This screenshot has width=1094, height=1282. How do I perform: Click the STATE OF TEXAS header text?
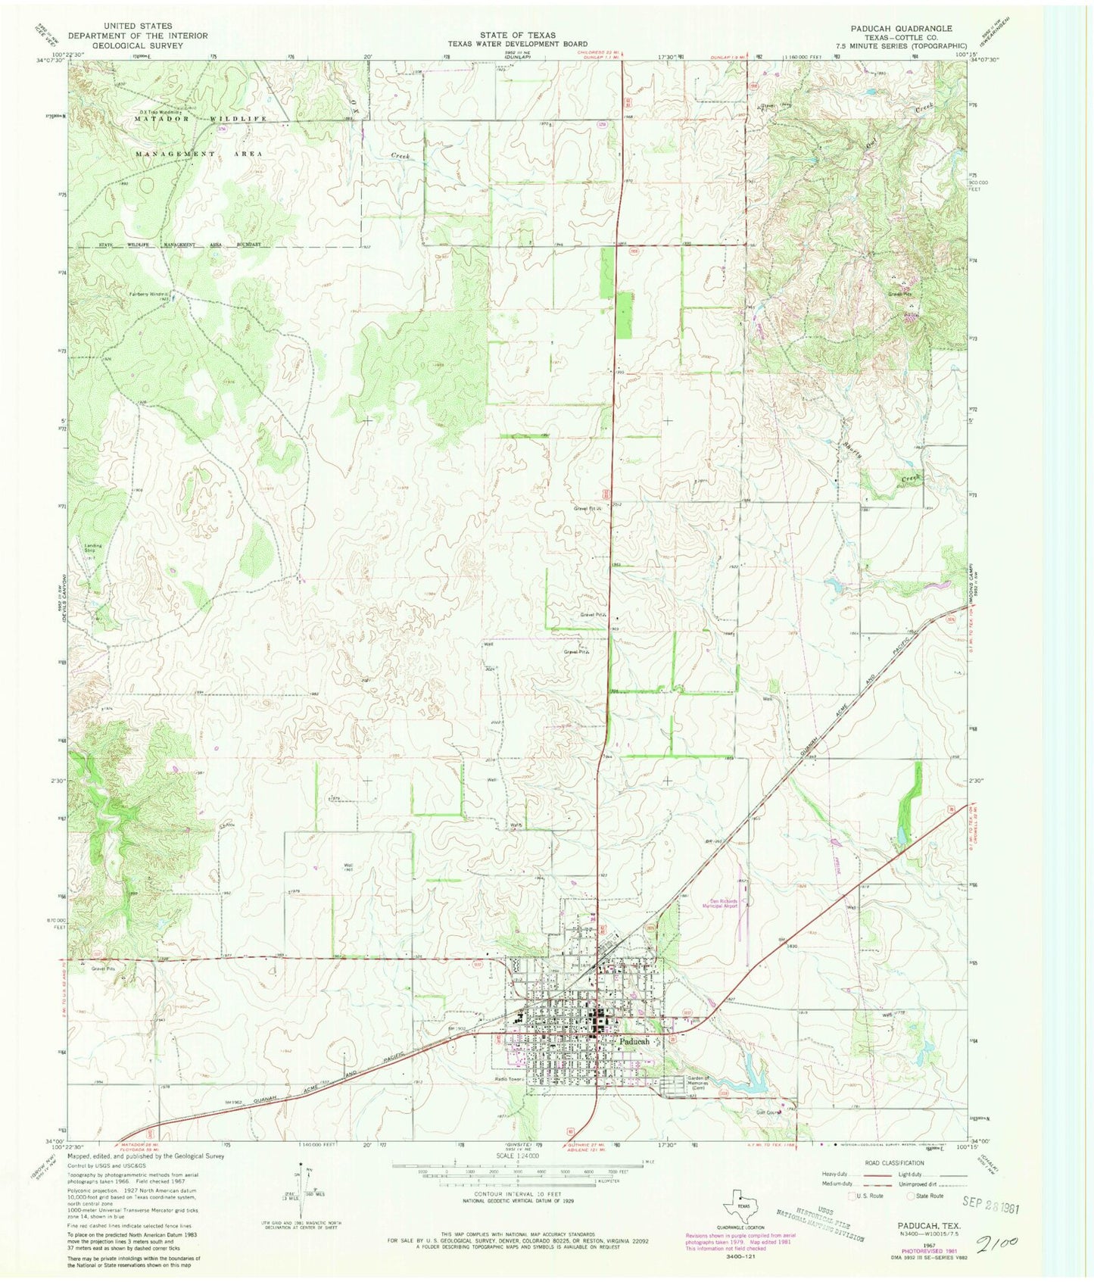click(517, 36)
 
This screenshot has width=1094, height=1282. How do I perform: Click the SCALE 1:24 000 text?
click(518, 1156)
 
